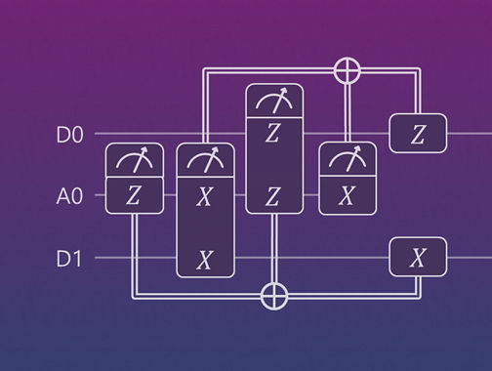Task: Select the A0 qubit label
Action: point(69,196)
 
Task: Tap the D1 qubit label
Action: point(69,259)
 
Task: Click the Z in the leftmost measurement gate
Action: point(133,196)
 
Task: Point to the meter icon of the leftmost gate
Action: point(133,160)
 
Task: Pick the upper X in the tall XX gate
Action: point(204,196)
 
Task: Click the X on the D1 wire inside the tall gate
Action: point(204,259)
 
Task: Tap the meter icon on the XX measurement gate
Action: point(204,160)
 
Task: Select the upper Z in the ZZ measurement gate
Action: point(274,134)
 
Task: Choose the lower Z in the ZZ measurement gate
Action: point(274,196)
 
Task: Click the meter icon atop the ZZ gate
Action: point(274,101)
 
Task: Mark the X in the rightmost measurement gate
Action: point(346,196)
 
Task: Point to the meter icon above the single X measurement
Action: point(346,160)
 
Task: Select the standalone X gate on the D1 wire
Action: point(418,259)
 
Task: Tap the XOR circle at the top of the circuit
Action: point(346,70)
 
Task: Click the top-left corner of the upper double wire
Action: point(204,71)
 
